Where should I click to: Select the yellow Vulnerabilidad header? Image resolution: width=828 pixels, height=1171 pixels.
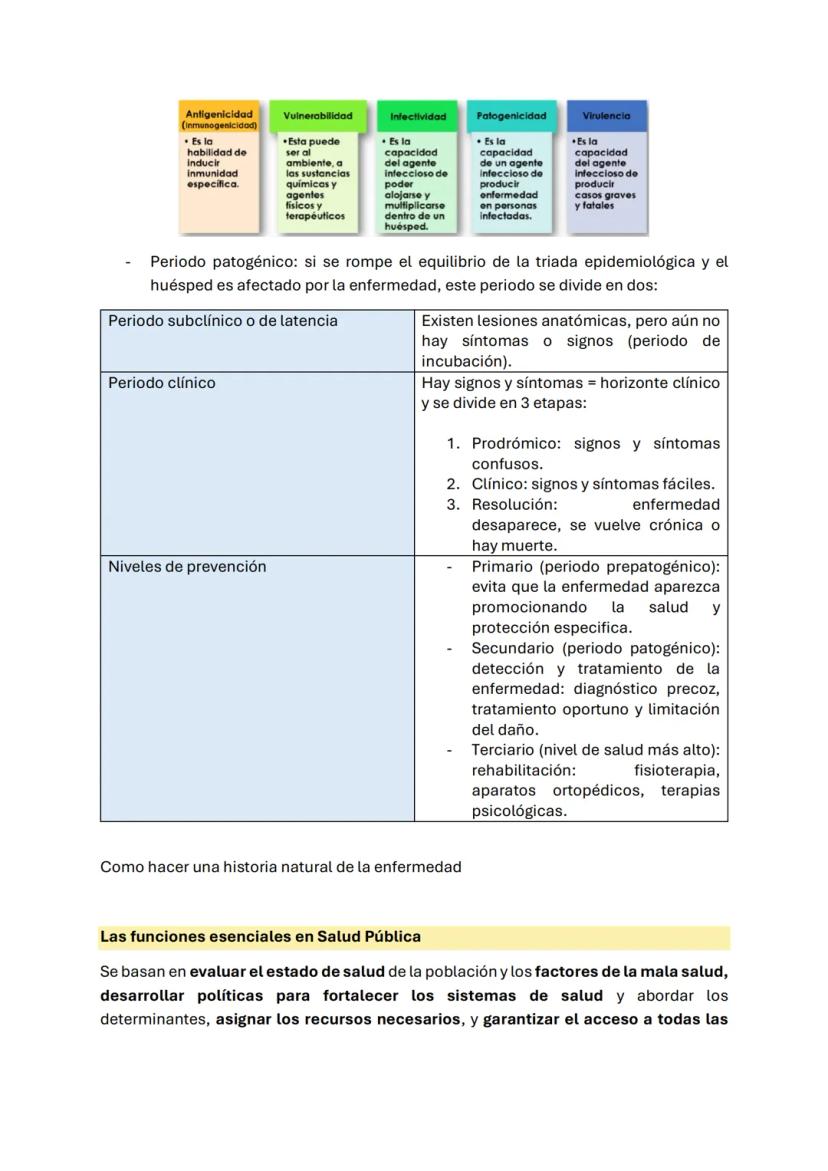318,116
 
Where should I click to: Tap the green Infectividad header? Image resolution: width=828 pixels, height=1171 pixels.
418,116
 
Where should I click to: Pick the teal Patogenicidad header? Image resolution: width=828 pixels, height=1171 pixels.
511,116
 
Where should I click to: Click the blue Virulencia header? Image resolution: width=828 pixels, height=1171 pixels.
606,116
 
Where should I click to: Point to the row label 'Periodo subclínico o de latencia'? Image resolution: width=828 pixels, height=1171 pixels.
223,321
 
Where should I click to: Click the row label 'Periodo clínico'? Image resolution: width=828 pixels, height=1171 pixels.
162,383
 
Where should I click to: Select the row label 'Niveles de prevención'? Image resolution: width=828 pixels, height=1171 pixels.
187,566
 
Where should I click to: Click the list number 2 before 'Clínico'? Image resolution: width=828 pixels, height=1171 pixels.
453,484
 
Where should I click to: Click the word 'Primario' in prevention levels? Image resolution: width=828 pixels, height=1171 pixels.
501,566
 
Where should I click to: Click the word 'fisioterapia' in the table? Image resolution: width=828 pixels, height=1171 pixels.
676,770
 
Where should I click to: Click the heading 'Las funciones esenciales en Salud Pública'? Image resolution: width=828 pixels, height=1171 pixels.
261,937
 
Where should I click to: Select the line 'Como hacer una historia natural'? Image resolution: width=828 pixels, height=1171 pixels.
281,867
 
